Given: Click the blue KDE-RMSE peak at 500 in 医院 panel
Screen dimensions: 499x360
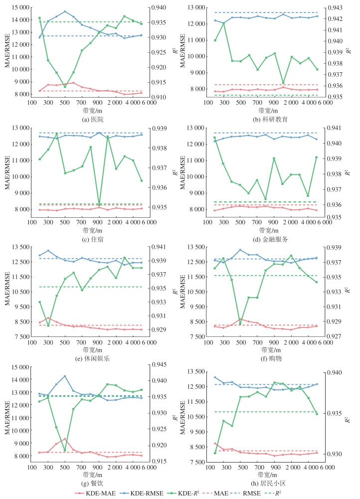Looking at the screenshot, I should tap(65, 11).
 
